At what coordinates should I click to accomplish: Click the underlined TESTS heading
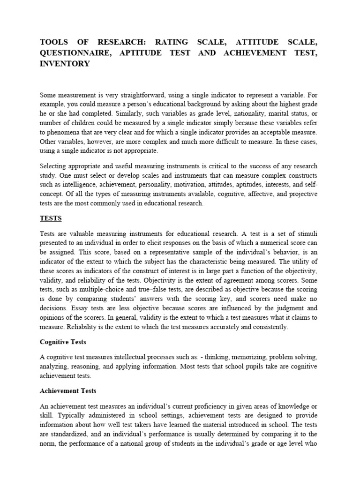(x=51, y=218)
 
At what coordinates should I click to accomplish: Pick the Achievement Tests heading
(x=68, y=390)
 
